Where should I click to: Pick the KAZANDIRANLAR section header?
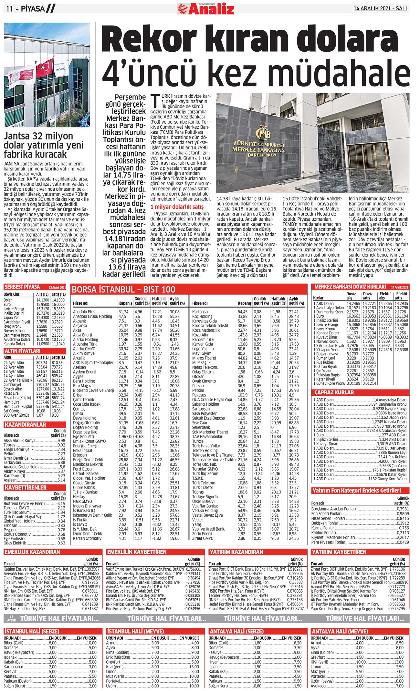tap(25, 425)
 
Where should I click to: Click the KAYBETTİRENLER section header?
tap(26, 487)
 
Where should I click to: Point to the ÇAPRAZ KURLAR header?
tap(334, 392)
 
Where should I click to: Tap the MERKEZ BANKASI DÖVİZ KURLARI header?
tap(350, 287)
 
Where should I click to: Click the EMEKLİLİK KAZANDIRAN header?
tap(32, 552)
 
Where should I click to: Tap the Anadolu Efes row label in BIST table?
tap(84, 312)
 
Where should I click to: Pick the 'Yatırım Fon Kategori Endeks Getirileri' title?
tap(356, 491)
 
